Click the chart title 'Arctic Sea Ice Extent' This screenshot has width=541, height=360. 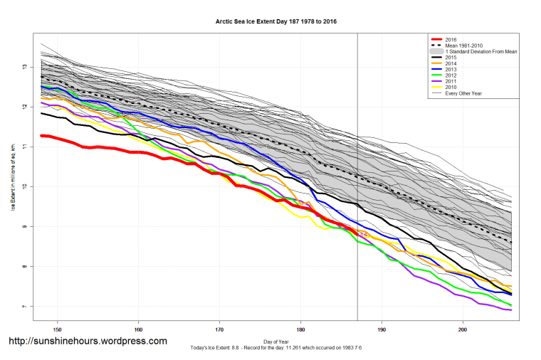276,21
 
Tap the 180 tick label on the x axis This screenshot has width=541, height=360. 301,329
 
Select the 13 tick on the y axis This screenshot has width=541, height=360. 24,66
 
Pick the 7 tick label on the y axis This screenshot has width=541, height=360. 24,307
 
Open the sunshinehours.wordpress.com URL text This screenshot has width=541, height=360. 88,341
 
